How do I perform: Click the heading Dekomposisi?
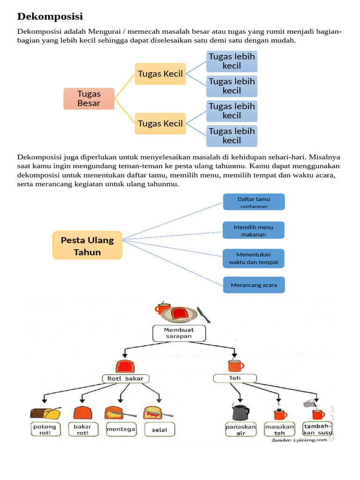(x=50, y=16)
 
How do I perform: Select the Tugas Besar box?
(x=89, y=98)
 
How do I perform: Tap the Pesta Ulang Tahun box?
(x=87, y=246)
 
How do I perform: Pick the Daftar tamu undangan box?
(x=254, y=202)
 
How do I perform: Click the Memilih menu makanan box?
(x=254, y=230)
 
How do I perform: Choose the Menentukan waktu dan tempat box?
(x=254, y=258)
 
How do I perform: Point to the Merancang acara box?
(x=254, y=285)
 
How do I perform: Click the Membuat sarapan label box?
(x=179, y=333)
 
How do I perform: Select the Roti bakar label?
(x=126, y=378)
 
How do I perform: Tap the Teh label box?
(x=234, y=378)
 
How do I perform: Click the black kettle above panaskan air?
(x=240, y=412)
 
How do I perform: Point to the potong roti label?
(x=45, y=429)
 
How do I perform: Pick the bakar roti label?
(x=82, y=429)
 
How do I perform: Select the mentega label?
(x=121, y=429)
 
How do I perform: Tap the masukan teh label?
(x=279, y=429)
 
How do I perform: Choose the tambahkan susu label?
(x=318, y=429)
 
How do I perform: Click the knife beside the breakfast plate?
(x=203, y=315)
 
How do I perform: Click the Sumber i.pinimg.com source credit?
(x=299, y=440)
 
